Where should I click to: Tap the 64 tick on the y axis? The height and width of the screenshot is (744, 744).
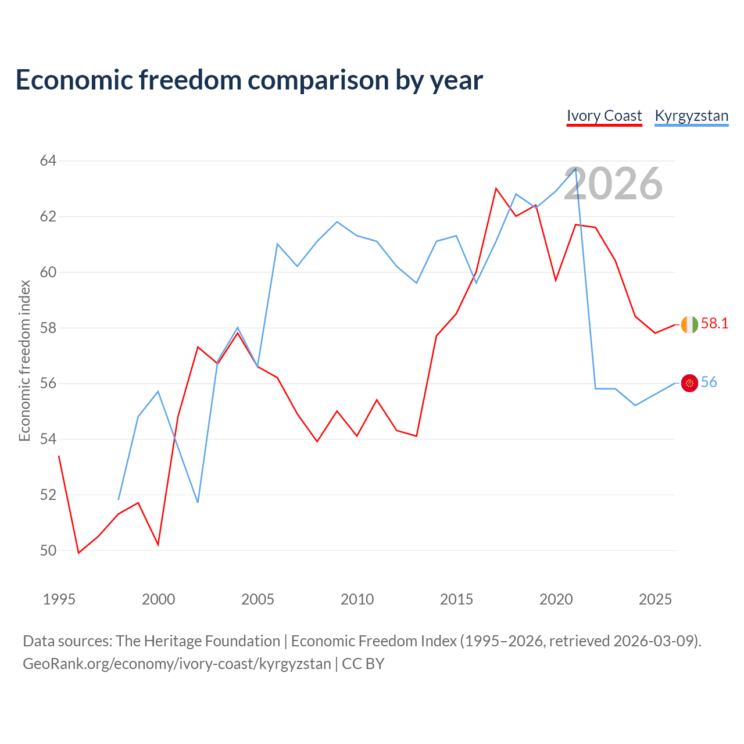tap(48, 160)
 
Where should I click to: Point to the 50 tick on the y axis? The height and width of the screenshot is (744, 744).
tap(48, 550)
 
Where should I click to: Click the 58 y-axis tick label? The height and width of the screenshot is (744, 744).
tap(48, 328)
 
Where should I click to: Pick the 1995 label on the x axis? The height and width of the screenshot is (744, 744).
tap(59, 599)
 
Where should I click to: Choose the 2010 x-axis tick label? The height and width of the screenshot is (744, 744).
tap(357, 599)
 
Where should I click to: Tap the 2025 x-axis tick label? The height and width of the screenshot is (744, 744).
tap(655, 599)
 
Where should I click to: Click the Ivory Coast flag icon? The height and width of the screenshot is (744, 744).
tap(689, 324)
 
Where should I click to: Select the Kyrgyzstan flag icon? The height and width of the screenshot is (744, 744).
tap(689, 383)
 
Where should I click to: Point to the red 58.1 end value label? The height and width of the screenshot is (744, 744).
tap(714, 324)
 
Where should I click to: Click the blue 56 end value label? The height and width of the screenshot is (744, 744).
tap(709, 382)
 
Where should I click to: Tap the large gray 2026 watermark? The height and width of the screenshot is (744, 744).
tap(613, 184)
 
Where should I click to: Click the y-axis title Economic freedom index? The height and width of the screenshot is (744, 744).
tap(24, 360)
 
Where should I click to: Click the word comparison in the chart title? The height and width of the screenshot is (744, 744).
tap(318, 80)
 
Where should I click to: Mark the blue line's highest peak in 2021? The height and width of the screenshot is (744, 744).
tap(575, 168)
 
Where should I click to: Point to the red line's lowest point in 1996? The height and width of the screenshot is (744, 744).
tap(79, 553)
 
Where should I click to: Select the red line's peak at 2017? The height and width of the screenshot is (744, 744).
tap(496, 188)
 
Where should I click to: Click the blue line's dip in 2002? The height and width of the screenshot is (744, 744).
tap(198, 502)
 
